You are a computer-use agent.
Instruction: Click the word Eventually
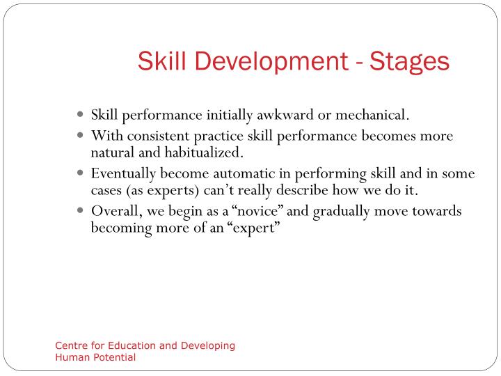click(124, 173)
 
